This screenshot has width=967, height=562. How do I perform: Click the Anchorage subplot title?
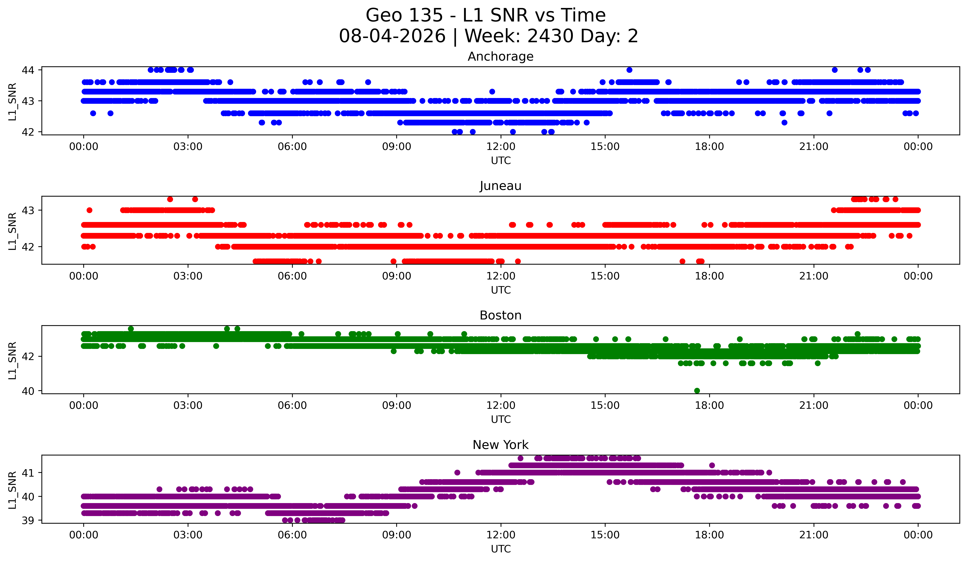click(x=500, y=57)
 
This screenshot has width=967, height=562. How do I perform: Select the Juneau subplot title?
click(x=500, y=186)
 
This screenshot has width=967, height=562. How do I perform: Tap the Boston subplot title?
click(x=500, y=315)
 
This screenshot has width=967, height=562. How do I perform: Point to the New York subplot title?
click(x=500, y=445)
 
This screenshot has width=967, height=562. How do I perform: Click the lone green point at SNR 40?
click(x=697, y=391)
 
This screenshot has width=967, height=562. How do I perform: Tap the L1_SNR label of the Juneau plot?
click(x=12, y=231)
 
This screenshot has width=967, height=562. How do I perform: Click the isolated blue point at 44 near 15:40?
click(x=629, y=70)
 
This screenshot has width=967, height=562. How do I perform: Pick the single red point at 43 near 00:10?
click(x=89, y=210)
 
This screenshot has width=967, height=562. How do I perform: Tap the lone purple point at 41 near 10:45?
click(x=457, y=473)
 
